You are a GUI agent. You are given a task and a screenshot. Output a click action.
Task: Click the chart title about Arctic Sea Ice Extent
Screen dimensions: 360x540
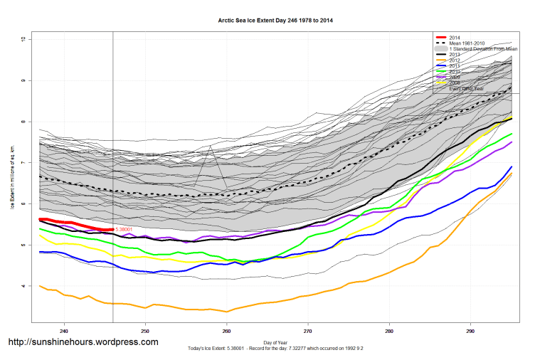coord(275,21)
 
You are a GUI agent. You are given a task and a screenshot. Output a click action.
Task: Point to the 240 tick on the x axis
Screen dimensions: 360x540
coord(64,330)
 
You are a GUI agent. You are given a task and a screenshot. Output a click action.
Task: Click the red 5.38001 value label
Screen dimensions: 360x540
coord(127,230)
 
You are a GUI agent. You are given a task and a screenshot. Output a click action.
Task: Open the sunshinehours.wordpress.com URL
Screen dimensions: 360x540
coord(83,342)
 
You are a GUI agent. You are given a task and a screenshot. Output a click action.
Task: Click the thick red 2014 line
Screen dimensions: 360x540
coord(71,223)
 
